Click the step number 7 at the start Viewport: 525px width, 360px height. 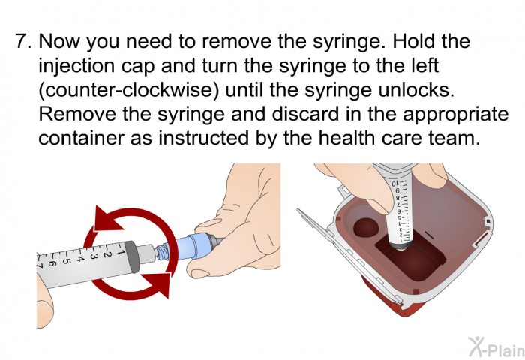(x=22, y=41)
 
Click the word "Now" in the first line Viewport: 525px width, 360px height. (x=59, y=41)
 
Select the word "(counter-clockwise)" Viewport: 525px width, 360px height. (x=128, y=91)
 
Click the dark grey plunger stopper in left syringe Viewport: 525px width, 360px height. (x=131, y=256)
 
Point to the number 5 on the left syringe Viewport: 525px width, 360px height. (x=66, y=260)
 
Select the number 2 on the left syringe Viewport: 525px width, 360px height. (x=106, y=254)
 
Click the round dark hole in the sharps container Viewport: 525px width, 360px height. (x=366, y=227)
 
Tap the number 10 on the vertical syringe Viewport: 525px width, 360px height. (x=395, y=184)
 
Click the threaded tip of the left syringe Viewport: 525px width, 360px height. (x=163, y=251)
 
